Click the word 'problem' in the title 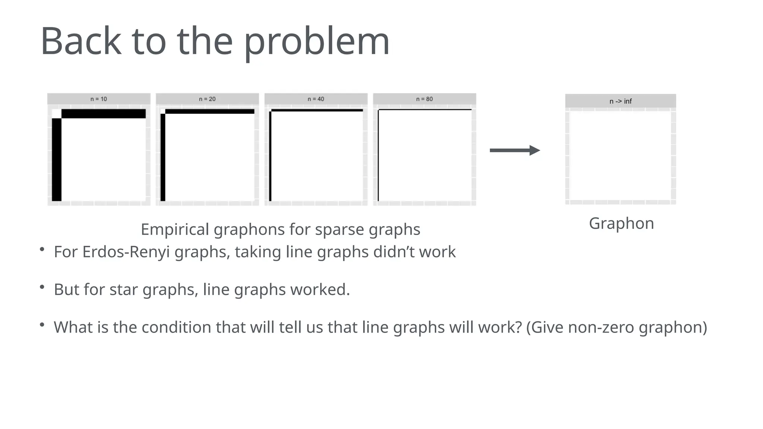point(317,42)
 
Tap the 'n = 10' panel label point(99,99)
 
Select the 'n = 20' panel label point(207,99)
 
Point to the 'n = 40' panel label point(316,99)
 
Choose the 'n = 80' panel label point(424,99)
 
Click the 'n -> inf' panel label point(620,101)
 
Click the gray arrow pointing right point(515,150)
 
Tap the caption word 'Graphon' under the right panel point(621,223)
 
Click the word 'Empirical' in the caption point(175,229)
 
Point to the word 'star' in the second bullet point(124,290)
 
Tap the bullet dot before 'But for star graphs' point(42,287)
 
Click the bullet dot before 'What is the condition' point(42,325)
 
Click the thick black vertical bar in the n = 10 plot point(57,160)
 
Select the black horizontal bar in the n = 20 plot point(209,111)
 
